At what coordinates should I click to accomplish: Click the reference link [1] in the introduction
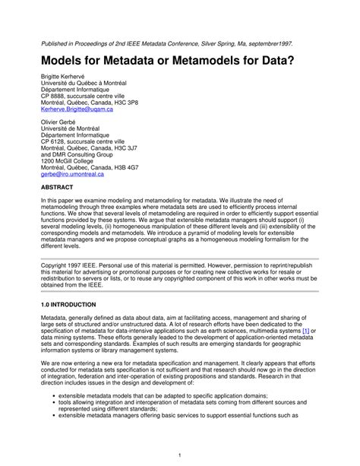coord(305,331)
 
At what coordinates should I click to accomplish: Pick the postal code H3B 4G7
coord(122,166)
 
